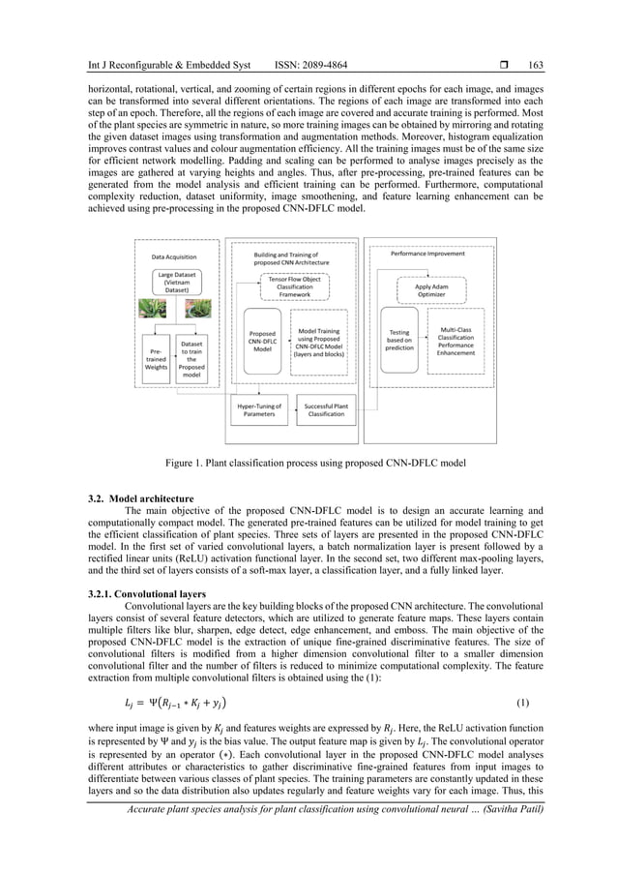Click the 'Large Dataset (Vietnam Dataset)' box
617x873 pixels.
pos(173,286)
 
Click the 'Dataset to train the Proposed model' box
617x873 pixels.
pos(191,355)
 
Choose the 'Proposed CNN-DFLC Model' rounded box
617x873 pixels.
pos(261,344)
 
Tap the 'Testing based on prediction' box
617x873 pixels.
pos(398,344)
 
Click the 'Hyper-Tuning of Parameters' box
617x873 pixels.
pos(260,409)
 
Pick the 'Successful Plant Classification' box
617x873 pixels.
pos(325,409)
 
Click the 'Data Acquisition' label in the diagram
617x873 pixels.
pos(174,256)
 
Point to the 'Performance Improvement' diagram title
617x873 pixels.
pos(426,254)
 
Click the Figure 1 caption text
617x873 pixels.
pos(308,463)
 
